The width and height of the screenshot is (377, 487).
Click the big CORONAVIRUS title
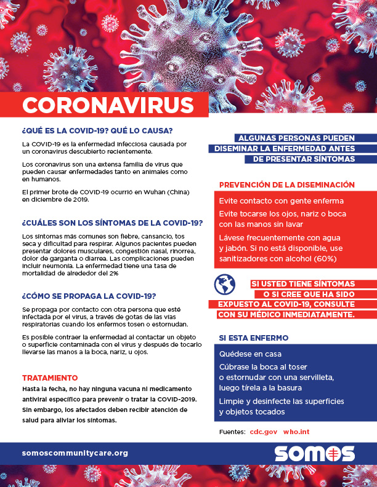[108, 105]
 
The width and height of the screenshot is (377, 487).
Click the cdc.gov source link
[264, 432]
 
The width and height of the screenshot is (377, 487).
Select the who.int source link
[295, 432]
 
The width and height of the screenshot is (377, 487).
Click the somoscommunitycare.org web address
[75, 453]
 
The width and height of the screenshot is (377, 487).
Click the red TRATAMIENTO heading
[50, 378]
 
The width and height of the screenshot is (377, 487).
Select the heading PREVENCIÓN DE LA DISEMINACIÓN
[287, 184]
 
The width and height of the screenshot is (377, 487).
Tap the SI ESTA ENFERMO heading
[254, 338]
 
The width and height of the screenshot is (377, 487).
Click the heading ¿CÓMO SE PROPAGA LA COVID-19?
[89, 295]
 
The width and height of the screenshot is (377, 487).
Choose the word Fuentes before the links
[232, 432]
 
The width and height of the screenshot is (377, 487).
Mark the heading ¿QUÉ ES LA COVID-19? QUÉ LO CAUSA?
[97, 130]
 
